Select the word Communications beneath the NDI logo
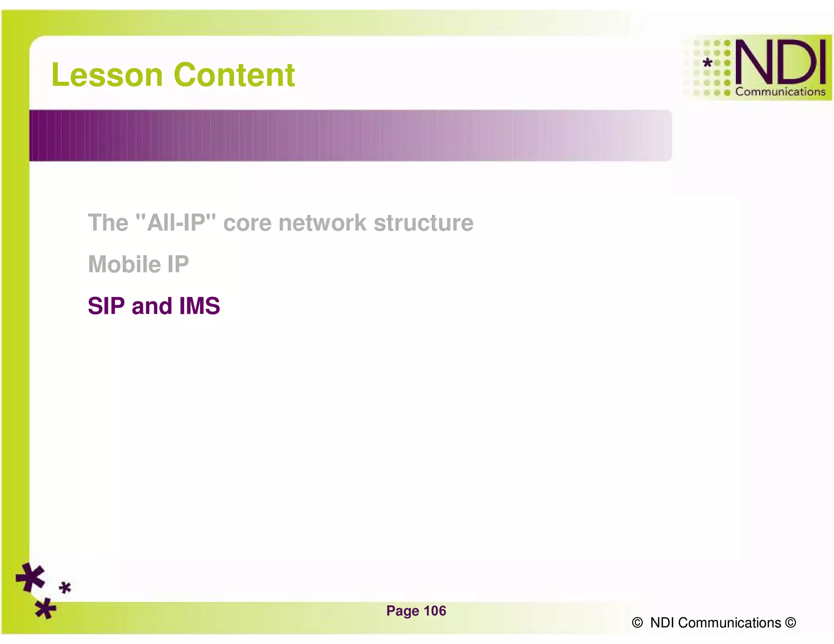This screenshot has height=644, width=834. (x=780, y=92)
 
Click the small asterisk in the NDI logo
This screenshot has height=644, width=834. (x=708, y=63)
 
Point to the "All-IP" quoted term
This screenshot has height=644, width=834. (x=176, y=223)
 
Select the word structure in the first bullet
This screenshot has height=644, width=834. (x=424, y=223)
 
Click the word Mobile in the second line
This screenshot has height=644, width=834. (x=124, y=264)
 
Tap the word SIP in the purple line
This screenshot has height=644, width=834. (x=106, y=306)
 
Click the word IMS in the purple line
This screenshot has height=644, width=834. (x=200, y=306)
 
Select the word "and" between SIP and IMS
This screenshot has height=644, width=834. (x=152, y=306)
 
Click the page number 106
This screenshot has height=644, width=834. (x=435, y=611)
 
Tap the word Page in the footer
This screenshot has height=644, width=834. (x=402, y=611)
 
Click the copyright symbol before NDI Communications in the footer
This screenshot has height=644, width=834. (x=637, y=623)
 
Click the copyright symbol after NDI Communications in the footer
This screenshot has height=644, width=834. (x=790, y=623)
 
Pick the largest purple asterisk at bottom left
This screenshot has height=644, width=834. (x=31, y=577)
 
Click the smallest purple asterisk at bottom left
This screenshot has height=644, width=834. (x=65, y=588)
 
